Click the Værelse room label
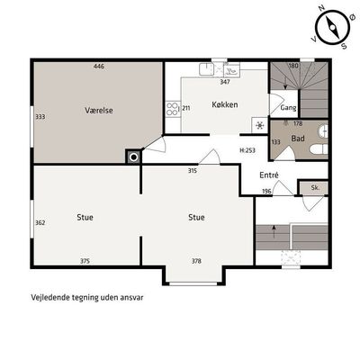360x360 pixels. tap(99, 111)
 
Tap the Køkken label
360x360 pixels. tap(225, 104)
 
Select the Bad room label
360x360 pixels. tap(298, 139)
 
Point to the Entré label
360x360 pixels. tap(269, 175)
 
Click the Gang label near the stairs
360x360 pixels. tap(288, 108)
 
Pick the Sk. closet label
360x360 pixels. tap(315, 188)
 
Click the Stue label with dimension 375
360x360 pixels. tap(85, 217)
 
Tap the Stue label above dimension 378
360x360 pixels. tap(196, 217)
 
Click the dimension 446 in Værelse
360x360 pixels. tap(99, 67)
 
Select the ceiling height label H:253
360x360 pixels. tap(247, 150)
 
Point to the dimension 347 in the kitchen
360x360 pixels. tap(225, 82)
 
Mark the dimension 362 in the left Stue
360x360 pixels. tap(40, 222)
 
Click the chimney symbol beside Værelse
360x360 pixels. tap(133, 157)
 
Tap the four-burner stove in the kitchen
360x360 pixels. tap(172, 109)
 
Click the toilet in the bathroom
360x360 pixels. tap(319, 149)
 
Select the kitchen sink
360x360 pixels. tap(206, 69)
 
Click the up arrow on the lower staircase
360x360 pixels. tap(274, 231)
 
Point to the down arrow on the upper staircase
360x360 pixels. tap(285, 83)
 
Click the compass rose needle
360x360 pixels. tap(333, 28)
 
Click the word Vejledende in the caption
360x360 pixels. tap(50, 298)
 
